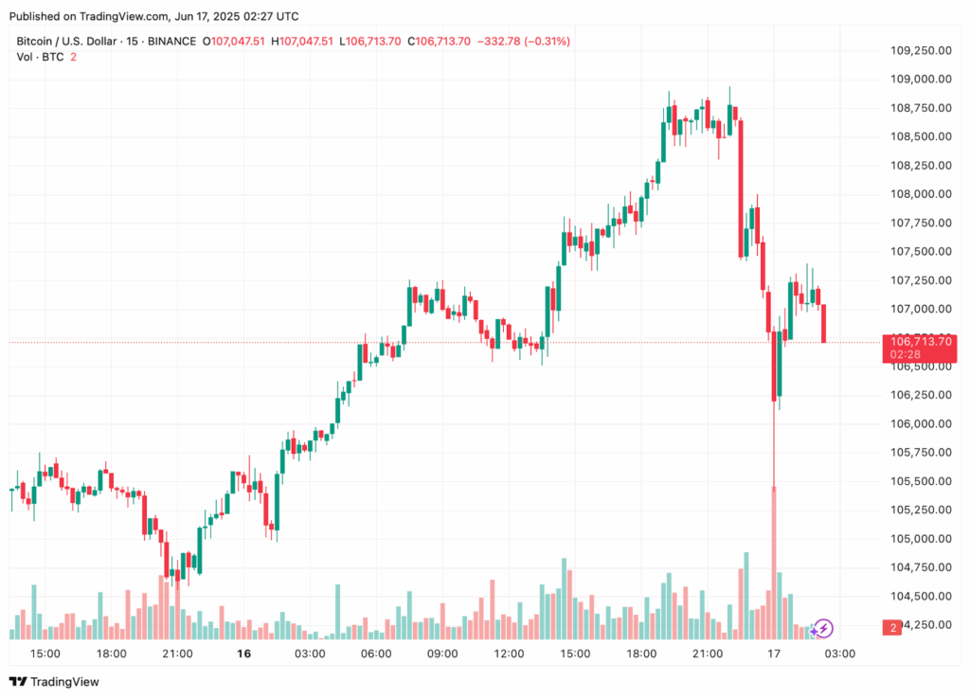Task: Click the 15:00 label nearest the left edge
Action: tap(45, 653)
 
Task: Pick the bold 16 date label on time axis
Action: tap(243, 653)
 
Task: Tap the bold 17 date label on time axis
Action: tap(774, 653)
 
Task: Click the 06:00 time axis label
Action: tap(376, 653)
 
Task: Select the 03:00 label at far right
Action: tap(840, 653)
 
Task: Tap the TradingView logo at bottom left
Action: tap(54, 681)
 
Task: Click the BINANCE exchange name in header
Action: tap(172, 41)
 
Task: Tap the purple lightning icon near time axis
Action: tap(824, 627)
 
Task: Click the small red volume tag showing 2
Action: tap(892, 627)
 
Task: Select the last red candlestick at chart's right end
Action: tap(824, 323)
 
